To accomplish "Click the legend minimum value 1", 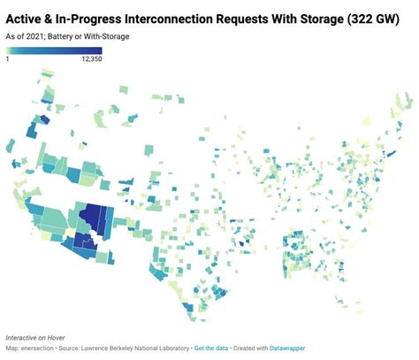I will point(8,57).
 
